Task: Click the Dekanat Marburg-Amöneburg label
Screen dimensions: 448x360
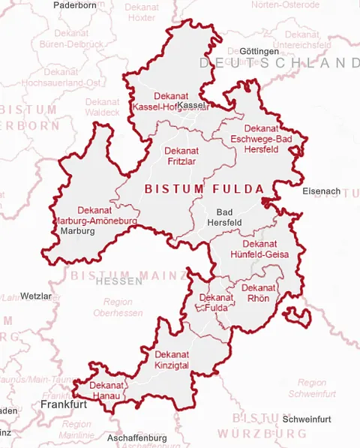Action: [x=94, y=216]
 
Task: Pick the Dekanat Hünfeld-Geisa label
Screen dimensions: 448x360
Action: [x=260, y=248]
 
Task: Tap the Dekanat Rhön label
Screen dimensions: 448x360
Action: [x=258, y=293]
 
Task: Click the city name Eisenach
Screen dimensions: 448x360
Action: [x=321, y=191]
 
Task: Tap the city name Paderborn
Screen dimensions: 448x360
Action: [x=75, y=5]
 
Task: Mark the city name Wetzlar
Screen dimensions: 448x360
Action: [x=37, y=296]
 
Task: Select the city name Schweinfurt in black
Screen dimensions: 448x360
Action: [x=305, y=418]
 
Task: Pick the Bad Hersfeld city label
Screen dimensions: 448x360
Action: [x=223, y=218]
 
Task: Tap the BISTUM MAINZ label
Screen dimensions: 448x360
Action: [x=128, y=275]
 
